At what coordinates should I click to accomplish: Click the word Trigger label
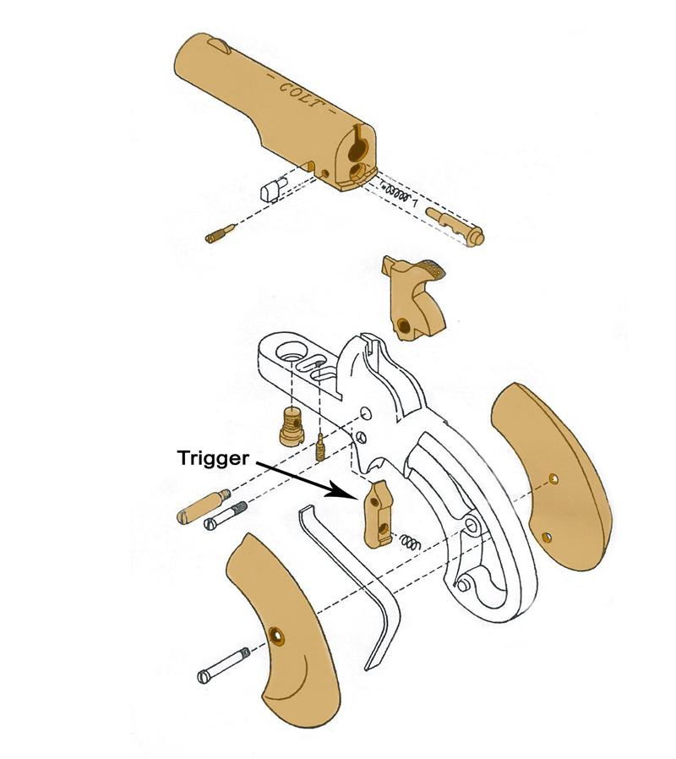click(213, 458)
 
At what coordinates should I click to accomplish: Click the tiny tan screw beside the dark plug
click(321, 447)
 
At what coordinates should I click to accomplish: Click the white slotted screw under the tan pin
click(226, 516)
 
